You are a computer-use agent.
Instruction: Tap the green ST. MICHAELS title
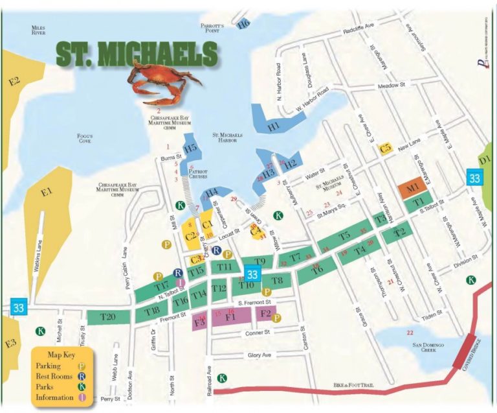click(136, 55)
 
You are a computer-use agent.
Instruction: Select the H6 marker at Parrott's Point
click(243, 24)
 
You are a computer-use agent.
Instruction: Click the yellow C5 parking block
click(386, 148)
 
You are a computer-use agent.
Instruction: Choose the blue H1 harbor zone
click(273, 125)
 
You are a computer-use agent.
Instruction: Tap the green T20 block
click(107, 317)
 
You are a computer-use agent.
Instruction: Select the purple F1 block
click(230, 317)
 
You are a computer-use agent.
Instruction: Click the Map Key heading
click(62, 355)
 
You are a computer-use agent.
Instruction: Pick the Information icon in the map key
click(82, 397)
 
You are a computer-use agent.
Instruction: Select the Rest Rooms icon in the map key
click(82, 375)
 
